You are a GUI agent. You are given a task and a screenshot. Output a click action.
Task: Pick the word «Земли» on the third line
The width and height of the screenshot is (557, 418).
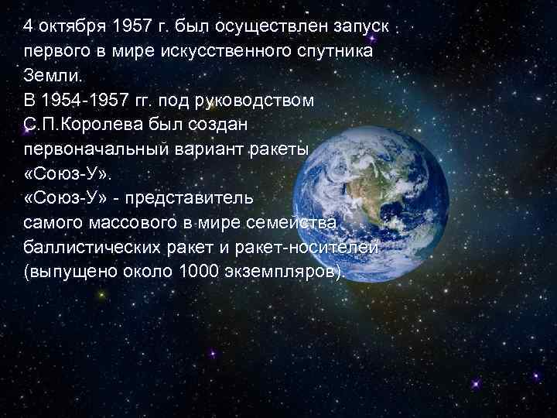tap(45, 77)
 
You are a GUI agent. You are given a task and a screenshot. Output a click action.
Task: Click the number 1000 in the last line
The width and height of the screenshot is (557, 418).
tap(198, 273)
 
